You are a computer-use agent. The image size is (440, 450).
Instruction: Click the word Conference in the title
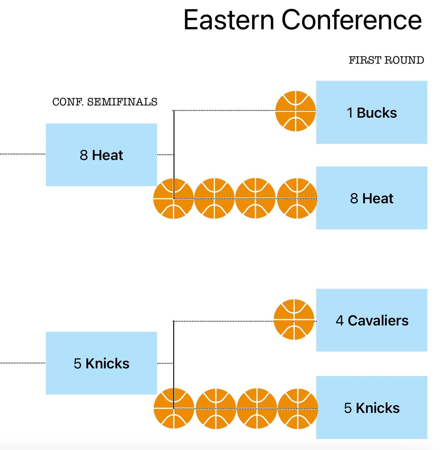[x=352, y=20]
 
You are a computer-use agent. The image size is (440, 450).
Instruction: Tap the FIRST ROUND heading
[x=386, y=60]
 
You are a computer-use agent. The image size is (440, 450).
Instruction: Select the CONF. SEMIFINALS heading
[x=105, y=102]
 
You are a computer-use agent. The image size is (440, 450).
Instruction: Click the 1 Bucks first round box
[x=372, y=112]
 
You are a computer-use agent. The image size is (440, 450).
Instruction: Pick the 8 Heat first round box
[x=372, y=198]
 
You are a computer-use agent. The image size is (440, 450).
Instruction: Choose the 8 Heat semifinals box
[x=101, y=155]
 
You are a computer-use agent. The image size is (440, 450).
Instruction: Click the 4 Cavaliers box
[x=372, y=320]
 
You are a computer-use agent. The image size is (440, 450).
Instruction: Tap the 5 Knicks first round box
[x=372, y=408]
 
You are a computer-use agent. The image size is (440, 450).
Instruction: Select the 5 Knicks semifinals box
[x=101, y=363]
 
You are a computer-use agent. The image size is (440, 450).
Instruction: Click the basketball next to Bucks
[x=296, y=111]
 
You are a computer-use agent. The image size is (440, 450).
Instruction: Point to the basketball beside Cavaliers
[x=294, y=319]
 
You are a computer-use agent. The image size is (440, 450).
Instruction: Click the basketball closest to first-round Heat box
[x=297, y=198]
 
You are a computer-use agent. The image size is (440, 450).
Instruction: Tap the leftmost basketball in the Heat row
[x=174, y=198]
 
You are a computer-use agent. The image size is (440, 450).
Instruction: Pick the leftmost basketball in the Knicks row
[x=174, y=408]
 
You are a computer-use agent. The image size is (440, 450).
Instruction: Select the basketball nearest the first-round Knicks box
[x=298, y=409]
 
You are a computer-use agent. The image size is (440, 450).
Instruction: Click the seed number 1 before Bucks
[x=350, y=113]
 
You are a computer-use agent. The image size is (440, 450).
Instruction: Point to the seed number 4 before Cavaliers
[x=340, y=321]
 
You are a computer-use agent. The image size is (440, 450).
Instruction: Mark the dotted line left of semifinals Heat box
[x=23, y=154]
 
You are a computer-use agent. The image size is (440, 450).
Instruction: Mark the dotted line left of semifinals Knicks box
[x=23, y=363]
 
